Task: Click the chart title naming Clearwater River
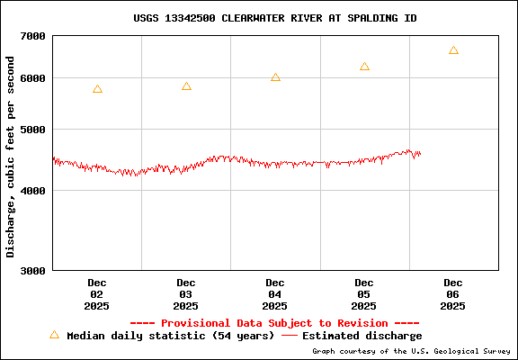[274, 18]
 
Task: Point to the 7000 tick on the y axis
[33, 36]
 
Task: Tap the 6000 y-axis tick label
[33, 78]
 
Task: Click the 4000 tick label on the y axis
[33, 191]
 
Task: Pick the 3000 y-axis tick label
[33, 270]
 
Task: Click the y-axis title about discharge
[11, 156]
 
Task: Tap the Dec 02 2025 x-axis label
[97, 294]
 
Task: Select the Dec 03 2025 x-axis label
[186, 294]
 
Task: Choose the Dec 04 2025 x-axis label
[275, 294]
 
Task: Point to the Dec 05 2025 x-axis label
[364, 294]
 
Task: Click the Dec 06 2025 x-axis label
[453, 294]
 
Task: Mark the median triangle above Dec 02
[97, 89]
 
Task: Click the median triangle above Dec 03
[186, 86]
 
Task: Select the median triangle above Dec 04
[275, 77]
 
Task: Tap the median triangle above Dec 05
[364, 67]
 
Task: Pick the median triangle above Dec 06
[453, 50]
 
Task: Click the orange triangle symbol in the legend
[54, 335]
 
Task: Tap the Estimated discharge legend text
[362, 336]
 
